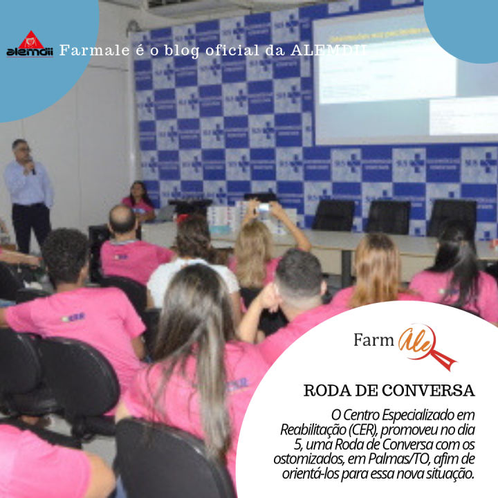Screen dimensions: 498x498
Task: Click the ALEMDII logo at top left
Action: (x=30, y=45)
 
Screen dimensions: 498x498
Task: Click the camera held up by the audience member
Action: (x=264, y=207)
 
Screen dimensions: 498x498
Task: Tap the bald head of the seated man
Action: (x=122, y=220)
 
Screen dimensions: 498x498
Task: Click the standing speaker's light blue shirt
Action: (x=29, y=184)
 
